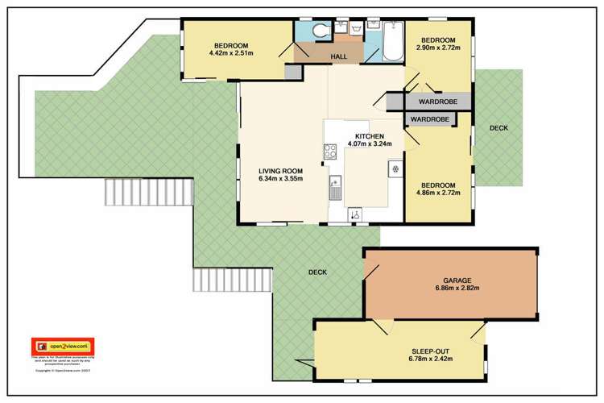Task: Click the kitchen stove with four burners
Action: click(x=329, y=151)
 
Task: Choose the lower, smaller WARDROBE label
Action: click(x=430, y=119)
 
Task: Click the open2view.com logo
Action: click(x=62, y=344)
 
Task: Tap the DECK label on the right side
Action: click(x=499, y=127)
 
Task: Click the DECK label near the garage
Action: click(x=318, y=272)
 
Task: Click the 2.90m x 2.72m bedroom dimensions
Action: click(x=438, y=48)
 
